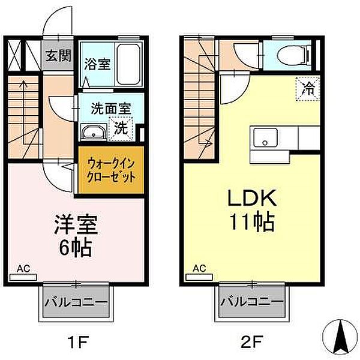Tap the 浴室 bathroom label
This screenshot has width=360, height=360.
point(97,64)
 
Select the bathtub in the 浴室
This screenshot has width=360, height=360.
point(130,60)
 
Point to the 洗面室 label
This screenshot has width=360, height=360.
point(111,109)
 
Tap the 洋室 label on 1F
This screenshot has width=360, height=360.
point(75,225)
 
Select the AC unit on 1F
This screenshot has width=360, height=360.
point(23,277)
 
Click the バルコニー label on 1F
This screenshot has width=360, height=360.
point(76,302)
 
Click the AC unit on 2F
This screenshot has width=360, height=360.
point(200,277)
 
